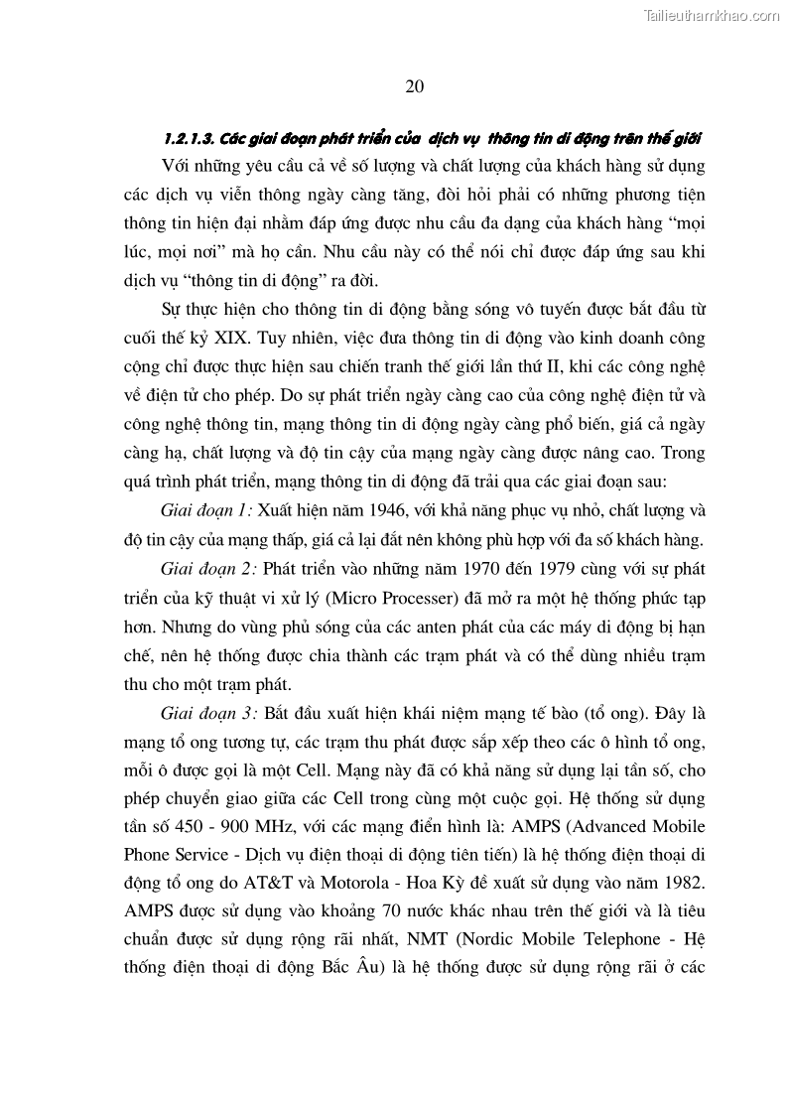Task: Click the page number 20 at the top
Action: coord(415,86)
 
